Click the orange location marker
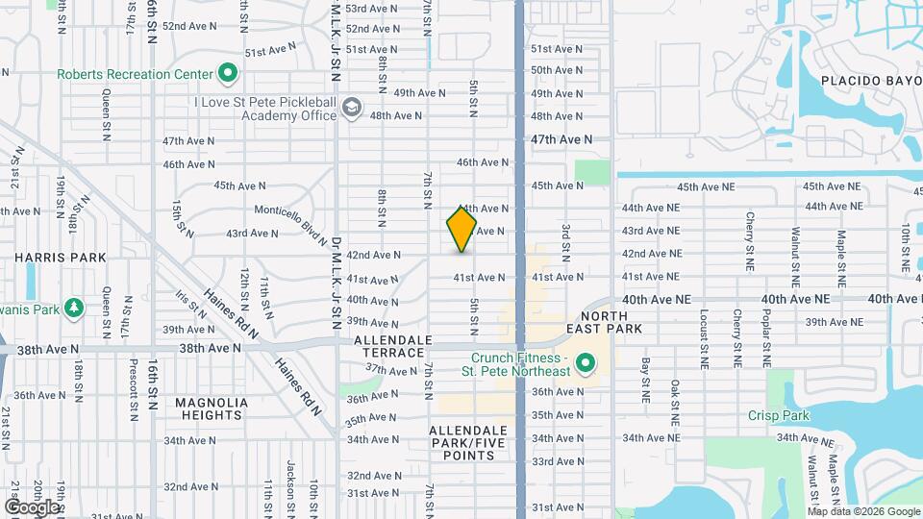462,229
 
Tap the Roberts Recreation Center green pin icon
228,73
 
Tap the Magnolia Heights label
212,409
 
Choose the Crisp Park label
779,415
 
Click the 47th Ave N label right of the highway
561,139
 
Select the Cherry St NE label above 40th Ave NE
749,243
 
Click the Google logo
31,507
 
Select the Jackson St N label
289,490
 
